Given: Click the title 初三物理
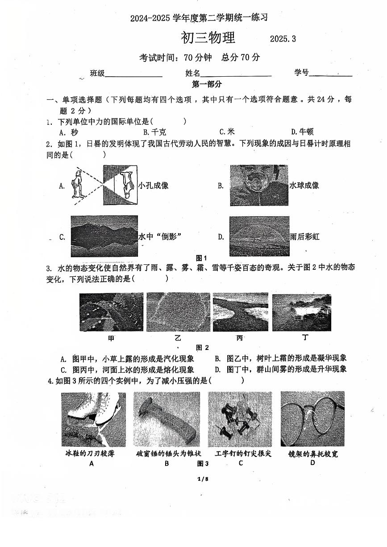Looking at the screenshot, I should pyautogui.click(x=208, y=38).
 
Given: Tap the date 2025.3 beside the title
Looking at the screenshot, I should pyautogui.click(x=283, y=39).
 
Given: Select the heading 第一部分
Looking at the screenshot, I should pyautogui.click(x=207, y=84).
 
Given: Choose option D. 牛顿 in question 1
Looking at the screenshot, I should pyautogui.click(x=302, y=132).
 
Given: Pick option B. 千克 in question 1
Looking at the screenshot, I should pyautogui.click(x=154, y=132).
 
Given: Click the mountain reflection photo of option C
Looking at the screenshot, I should pyautogui.click(x=104, y=236).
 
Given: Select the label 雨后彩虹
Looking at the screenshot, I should pyautogui.click(x=304, y=237).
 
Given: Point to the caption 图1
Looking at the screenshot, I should pyautogui.click(x=202, y=258).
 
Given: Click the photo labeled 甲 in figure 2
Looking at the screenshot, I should pyautogui.click(x=111, y=312).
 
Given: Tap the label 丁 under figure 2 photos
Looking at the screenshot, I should pyautogui.click(x=305, y=337).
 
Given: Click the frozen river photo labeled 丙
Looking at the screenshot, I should pyautogui.click(x=240, y=312).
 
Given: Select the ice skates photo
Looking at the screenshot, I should pyautogui.click(x=93, y=420).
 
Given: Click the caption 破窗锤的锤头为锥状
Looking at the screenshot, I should pyautogui.click(x=169, y=454).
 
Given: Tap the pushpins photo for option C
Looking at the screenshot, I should pyautogui.click(x=240, y=419).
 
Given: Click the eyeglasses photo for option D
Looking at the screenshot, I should pyautogui.click(x=312, y=419).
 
